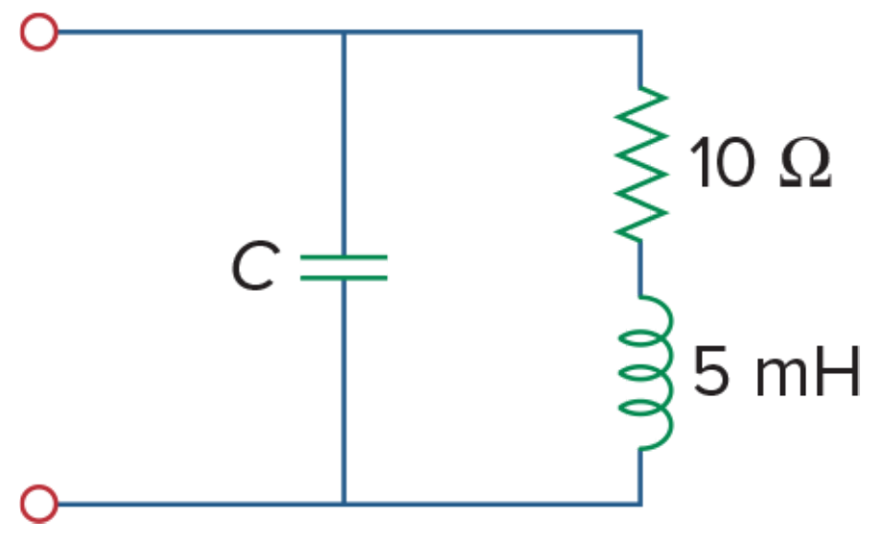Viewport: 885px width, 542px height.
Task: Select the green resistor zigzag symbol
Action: tap(641, 163)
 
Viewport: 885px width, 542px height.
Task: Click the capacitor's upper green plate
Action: tap(344, 257)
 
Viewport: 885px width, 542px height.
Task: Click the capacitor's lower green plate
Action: tap(344, 277)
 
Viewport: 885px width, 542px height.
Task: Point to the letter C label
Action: tap(255, 266)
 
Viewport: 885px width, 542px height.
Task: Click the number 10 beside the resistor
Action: tap(722, 162)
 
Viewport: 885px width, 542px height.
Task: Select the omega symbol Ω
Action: tap(805, 162)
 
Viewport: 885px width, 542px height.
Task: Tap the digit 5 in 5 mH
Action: tap(710, 371)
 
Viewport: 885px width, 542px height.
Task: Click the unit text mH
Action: tap(807, 371)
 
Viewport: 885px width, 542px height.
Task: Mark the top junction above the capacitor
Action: tap(344, 33)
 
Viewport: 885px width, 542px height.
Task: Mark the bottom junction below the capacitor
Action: tap(344, 504)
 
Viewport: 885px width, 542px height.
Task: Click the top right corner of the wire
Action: tap(640, 33)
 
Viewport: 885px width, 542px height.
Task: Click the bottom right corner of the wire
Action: tap(640, 504)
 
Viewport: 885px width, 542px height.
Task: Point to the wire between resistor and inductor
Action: tap(640, 269)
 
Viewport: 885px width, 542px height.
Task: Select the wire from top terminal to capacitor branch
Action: tap(201, 33)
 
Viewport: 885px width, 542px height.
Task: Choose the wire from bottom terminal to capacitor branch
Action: tap(201, 504)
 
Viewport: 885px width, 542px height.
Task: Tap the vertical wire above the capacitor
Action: tap(344, 143)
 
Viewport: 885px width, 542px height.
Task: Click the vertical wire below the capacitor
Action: tap(344, 391)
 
